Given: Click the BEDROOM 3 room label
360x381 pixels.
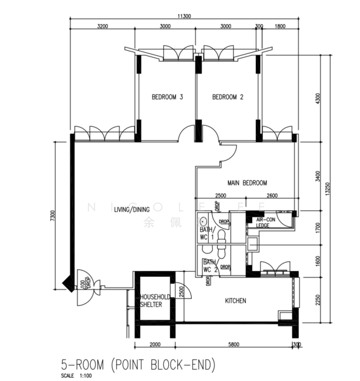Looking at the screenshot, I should pyautogui.click(x=168, y=97).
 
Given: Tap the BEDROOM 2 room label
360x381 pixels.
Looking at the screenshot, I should pyautogui.click(x=228, y=97).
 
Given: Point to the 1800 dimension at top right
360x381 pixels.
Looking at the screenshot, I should pyautogui.click(x=280, y=27).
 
